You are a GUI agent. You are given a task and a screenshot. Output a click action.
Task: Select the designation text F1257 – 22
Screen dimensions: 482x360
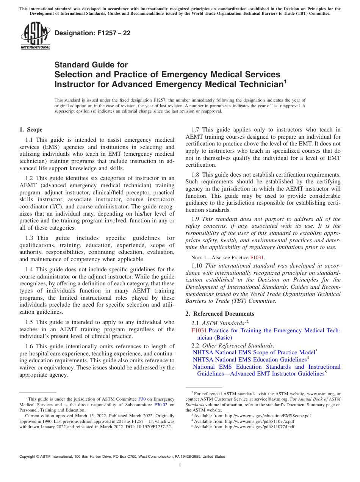pyautogui.click(x=92, y=33)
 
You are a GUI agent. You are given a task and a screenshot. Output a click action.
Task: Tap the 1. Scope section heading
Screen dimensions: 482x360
pyautogui.click(x=31, y=130)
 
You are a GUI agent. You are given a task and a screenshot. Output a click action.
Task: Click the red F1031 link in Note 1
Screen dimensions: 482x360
pyautogui.click(x=257, y=258)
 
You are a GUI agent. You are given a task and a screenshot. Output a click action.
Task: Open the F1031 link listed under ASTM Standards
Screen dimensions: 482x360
pyautogui.click(x=199, y=330)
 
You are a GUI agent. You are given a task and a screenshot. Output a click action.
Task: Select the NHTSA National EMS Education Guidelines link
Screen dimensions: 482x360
pyautogui.click(x=249, y=359)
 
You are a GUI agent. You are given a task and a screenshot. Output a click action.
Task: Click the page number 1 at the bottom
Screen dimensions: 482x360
pyautogui.click(x=180, y=466)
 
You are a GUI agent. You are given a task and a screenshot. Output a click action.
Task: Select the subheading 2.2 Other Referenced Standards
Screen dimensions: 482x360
pyautogui.click(x=233, y=345)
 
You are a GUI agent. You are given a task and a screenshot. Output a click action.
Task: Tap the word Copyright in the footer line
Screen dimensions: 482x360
pyautogui.click(x=28, y=457)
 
